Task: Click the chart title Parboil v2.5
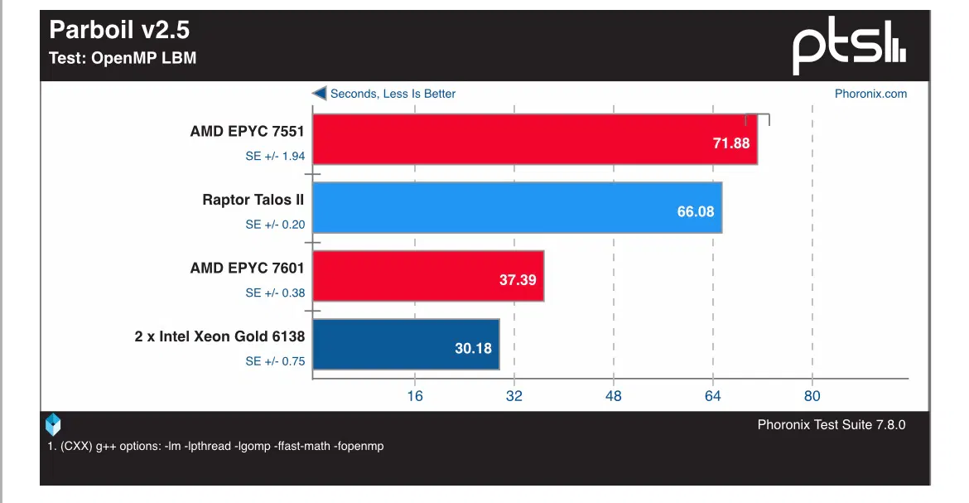point(119,31)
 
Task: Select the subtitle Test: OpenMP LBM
point(123,58)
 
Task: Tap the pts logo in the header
point(848,48)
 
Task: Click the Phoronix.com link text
point(870,94)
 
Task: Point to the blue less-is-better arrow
point(319,94)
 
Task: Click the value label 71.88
point(730,143)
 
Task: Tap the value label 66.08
point(696,211)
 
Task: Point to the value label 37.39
point(518,280)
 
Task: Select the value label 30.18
point(473,348)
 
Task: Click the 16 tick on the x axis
point(415,396)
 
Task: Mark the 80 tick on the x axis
point(812,396)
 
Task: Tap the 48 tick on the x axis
point(614,396)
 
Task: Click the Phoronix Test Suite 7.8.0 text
point(832,424)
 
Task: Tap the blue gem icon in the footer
point(53,424)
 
